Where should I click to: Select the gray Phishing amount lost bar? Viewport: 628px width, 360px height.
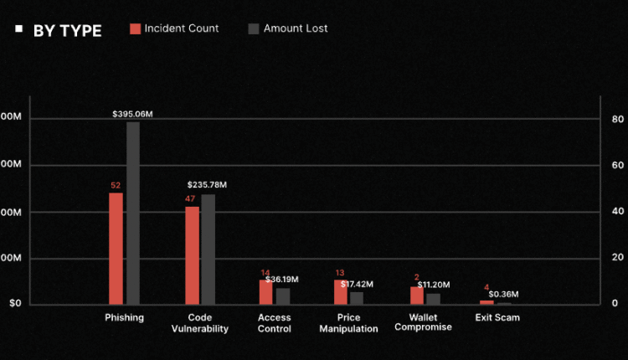coord(133,213)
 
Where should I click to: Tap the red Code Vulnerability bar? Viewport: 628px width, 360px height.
coord(192,255)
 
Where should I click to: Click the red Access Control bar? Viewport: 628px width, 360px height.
coord(265,291)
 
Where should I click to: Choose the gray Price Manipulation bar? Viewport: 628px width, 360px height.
coord(357,297)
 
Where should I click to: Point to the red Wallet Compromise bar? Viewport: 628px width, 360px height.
coord(416,295)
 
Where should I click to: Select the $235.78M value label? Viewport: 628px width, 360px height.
coord(207,184)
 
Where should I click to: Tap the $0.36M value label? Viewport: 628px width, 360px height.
coord(503,294)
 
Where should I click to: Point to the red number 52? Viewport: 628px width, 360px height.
coord(116,186)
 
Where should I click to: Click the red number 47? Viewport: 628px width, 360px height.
coord(191,198)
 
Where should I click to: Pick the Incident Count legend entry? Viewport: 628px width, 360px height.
coord(174,28)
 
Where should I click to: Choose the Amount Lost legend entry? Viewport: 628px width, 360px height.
coord(288,28)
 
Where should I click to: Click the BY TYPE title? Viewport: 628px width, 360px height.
coord(67,31)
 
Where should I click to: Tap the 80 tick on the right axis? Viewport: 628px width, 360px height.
coord(618,119)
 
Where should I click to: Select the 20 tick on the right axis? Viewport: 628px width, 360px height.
coord(618,258)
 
